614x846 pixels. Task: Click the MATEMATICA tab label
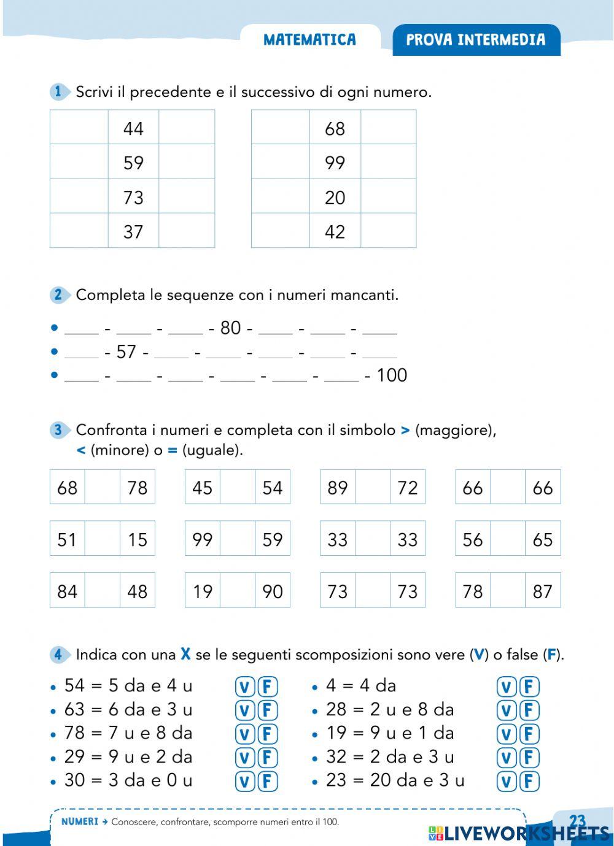point(309,40)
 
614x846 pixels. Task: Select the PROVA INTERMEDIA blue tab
point(476,40)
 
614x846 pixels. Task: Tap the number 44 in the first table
point(133,128)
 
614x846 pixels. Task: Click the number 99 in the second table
point(335,163)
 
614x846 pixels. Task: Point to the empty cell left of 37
point(79,231)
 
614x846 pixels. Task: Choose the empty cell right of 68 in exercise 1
point(388,128)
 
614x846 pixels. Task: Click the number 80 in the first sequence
point(230,328)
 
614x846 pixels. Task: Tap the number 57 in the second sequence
point(126,352)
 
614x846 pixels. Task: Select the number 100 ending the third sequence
point(392,375)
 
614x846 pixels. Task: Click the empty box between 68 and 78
point(102,487)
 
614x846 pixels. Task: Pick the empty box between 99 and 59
point(238,539)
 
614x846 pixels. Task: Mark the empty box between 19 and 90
point(238,590)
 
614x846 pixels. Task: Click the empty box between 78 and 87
point(508,590)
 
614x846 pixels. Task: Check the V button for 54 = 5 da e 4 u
point(244,686)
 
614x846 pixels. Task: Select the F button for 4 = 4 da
point(529,686)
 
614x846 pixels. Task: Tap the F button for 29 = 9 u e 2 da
point(267,758)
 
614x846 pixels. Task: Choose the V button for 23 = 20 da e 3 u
point(507,781)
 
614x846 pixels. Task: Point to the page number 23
point(578,821)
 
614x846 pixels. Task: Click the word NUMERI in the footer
point(80,822)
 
